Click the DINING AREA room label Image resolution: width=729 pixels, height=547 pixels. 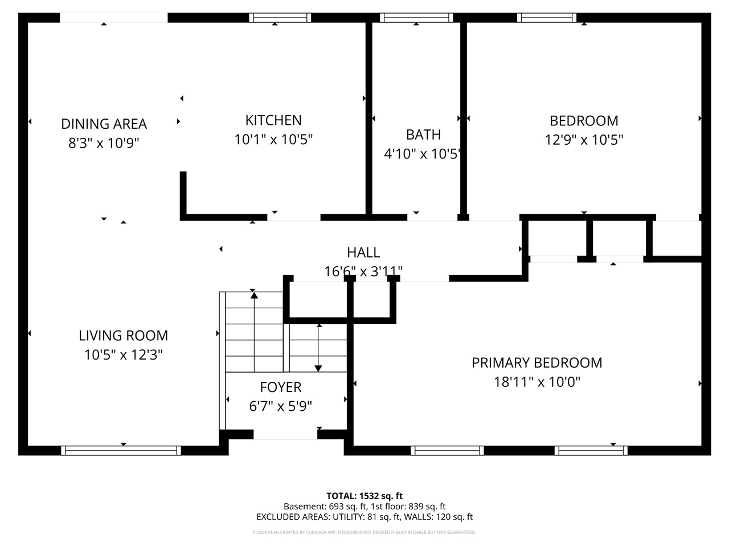pyautogui.click(x=104, y=124)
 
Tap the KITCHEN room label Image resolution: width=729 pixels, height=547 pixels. pyautogui.click(x=273, y=120)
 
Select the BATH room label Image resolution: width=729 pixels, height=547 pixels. pyautogui.click(x=423, y=134)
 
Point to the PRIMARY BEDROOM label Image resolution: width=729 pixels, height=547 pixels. pyautogui.click(x=536, y=362)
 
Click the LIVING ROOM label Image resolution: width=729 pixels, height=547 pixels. pyautogui.click(x=123, y=336)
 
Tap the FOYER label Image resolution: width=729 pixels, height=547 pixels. pyautogui.click(x=280, y=387)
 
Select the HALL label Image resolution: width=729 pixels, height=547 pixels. pyautogui.click(x=363, y=252)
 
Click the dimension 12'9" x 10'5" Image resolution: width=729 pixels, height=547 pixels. pyautogui.click(x=584, y=140)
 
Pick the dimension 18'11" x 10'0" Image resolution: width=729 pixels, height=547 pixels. pyautogui.click(x=536, y=382)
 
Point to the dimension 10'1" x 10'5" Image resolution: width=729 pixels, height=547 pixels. pyautogui.click(x=273, y=139)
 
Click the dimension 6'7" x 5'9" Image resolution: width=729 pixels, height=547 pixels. pyautogui.click(x=280, y=406)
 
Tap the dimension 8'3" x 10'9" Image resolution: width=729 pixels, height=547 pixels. pyautogui.click(x=104, y=142)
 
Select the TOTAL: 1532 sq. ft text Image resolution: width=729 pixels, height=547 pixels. pyautogui.click(x=364, y=496)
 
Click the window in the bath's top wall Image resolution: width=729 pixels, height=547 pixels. pyautogui.click(x=416, y=18)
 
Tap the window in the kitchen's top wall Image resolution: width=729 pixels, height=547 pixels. pyautogui.click(x=280, y=18)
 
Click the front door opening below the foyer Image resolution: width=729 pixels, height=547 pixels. pyautogui.click(x=285, y=435)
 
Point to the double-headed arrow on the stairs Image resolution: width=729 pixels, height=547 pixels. pyautogui.click(x=318, y=348)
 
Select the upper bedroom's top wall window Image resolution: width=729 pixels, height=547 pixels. pyautogui.click(x=546, y=18)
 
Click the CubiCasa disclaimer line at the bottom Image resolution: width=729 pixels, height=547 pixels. pyautogui.click(x=364, y=533)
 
